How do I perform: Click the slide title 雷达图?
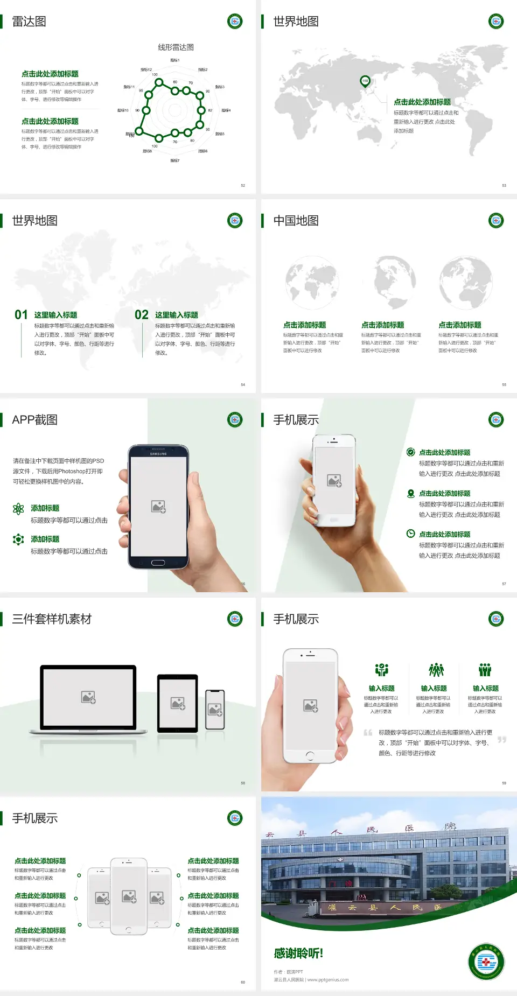point(29,22)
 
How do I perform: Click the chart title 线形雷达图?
point(176,47)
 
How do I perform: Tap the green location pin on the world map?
point(365,81)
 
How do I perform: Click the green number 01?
point(21,315)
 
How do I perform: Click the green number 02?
point(142,315)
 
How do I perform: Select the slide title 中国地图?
point(296,221)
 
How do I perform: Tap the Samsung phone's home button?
point(158,563)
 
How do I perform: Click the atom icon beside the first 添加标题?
point(18,509)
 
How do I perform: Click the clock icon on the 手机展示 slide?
point(410,534)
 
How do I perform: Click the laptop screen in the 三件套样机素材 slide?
point(88,697)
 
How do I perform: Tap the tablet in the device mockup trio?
point(178,703)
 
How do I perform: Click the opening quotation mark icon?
point(368,733)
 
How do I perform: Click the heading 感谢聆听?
point(298,953)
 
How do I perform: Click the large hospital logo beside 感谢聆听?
point(486,961)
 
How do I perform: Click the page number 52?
point(243,185)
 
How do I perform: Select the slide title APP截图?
point(34,420)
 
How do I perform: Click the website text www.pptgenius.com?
point(328,980)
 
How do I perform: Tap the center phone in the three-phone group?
point(129,896)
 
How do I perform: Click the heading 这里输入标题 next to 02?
point(177,315)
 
